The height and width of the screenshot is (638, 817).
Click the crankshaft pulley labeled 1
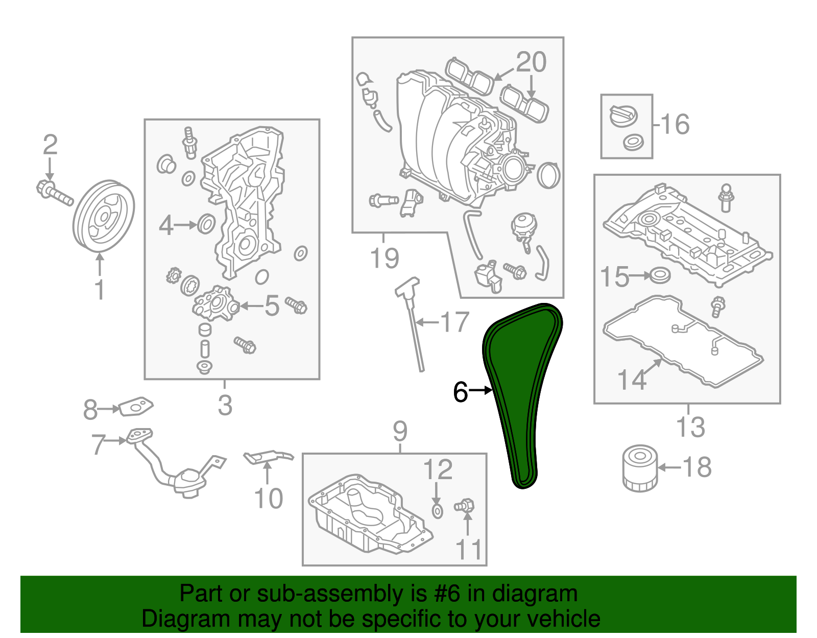[104, 216]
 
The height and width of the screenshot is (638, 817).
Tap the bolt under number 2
[54, 193]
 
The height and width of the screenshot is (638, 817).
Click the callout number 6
[460, 392]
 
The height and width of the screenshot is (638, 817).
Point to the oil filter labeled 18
[640, 468]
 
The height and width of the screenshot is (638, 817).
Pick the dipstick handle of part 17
[407, 287]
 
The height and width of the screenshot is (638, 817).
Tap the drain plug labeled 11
[465, 506]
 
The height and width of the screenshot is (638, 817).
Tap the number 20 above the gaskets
[531, 62]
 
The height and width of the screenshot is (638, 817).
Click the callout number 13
[690, 427]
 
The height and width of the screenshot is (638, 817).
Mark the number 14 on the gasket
[632, 380]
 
